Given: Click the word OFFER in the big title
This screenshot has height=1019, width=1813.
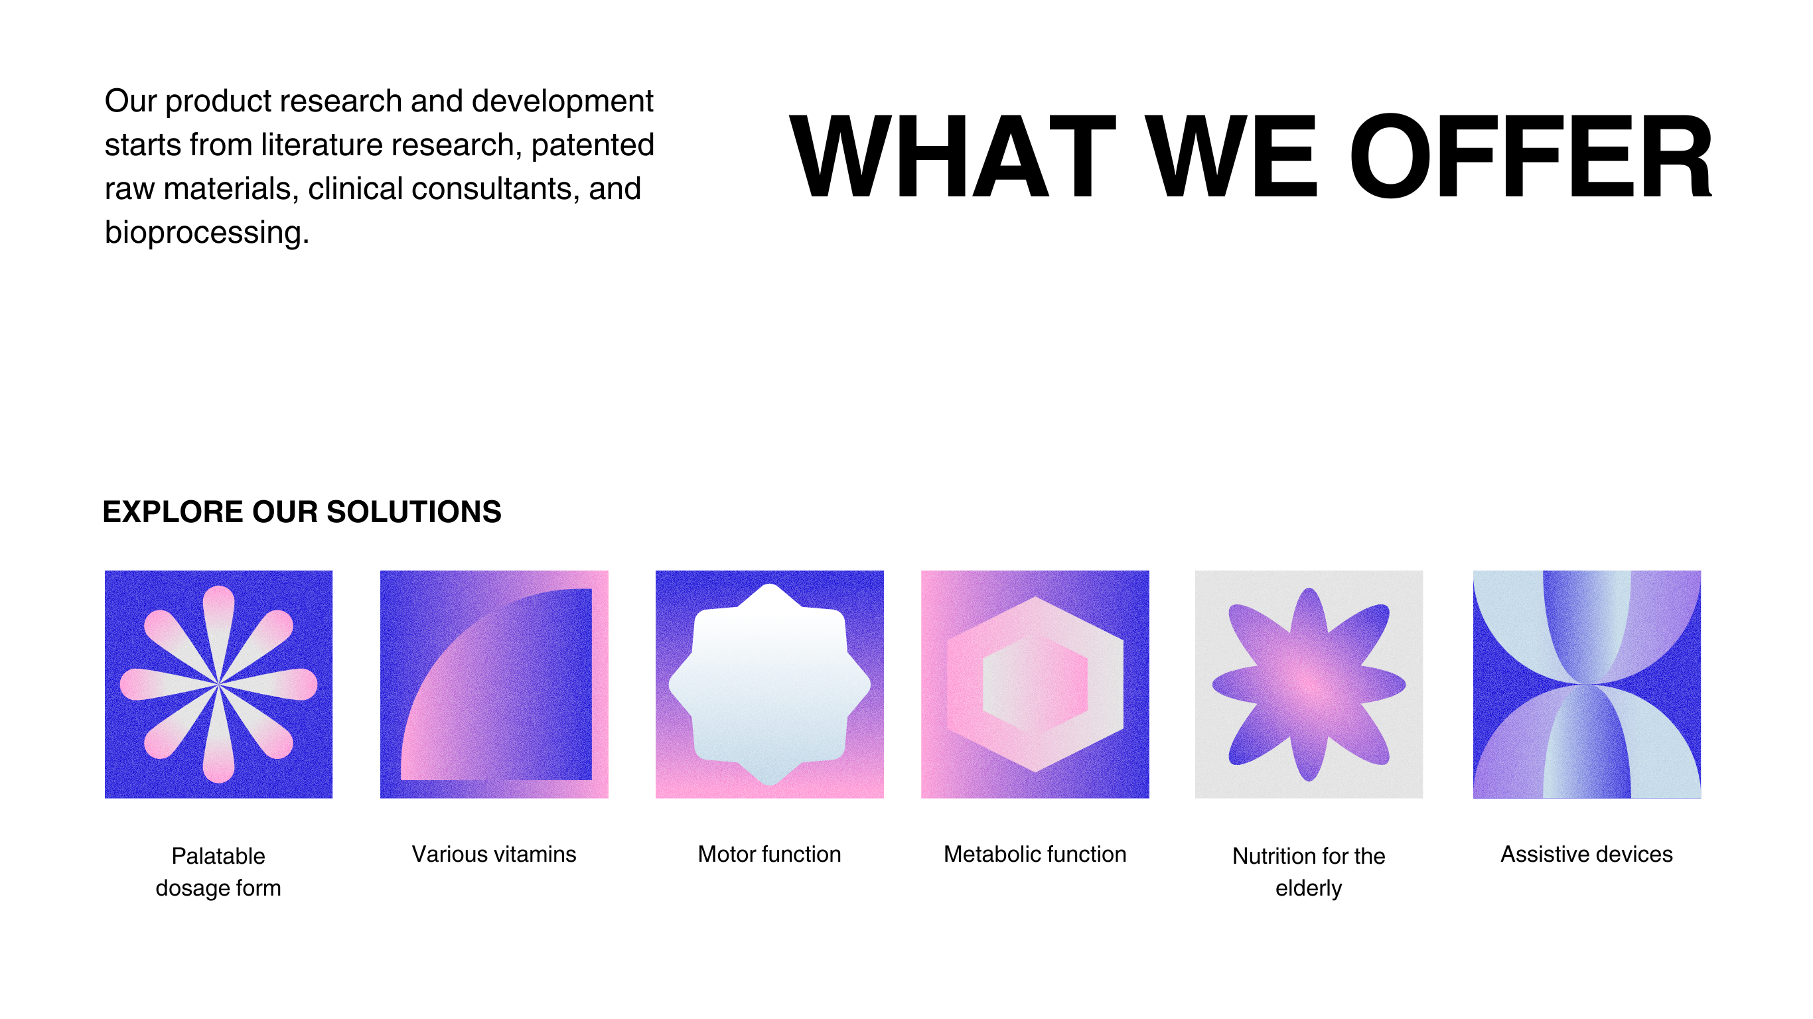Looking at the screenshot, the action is pyautogui.click(x=1531, y=156).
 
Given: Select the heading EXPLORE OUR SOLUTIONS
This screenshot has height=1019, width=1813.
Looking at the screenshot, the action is pyautogui.click(x=302, y=511).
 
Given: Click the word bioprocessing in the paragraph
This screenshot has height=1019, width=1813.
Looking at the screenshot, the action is pyautogui.click(x=207, y=233).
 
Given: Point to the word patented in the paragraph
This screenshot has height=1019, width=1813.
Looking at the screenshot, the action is pyautogui.click(x=593, y=145).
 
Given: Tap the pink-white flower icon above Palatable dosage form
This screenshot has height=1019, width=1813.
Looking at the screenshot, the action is pyautogui.click(x=219, y=684).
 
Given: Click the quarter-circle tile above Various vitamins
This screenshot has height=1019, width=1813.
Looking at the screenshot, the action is pyautogui.click(x=494, y=684).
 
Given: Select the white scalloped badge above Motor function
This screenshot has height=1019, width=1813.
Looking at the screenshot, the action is pyautogui.click(x=769, y=684).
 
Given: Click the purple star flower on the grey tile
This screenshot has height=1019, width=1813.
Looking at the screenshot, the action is pyautogui.click(x=1309, y=684).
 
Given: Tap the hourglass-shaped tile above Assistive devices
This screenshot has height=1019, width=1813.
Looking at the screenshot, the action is pyautogui.click(x=1587, y=684).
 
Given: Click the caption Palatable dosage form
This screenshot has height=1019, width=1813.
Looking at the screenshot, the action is pyautogui.click(x=218, y=872).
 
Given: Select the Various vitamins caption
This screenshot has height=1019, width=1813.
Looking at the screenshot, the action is pyautogui.click(x=494, y=854).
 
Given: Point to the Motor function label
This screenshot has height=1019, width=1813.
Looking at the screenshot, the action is pyautogui.click(x=769, y=854).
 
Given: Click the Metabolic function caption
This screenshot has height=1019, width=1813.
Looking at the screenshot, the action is pyautogui.click(x=1035, y=854).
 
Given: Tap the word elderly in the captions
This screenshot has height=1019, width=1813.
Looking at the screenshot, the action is pyautogui.click(x=1309, y=889).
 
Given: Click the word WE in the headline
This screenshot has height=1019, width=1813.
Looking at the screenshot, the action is pyautogui.click(x=1232, y=156).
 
